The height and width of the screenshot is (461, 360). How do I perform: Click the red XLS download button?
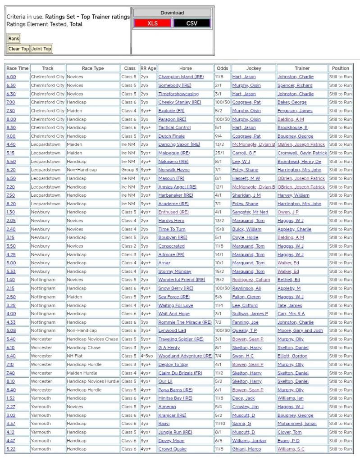point(153,23)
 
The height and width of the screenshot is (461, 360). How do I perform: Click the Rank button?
point(14,39)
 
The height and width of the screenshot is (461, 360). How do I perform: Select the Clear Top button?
point(18,49)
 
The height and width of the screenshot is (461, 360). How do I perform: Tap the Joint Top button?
point(41,49)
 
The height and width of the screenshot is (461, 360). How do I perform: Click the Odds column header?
point(222,68)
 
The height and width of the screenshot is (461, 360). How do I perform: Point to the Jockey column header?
point(254,68)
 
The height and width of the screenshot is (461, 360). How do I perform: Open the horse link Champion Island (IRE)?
point(179,77)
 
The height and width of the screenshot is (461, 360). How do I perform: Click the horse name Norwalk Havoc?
point(174,170)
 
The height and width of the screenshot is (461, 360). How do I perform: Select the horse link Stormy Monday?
point(175,271)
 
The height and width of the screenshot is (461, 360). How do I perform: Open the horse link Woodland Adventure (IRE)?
point(185,356)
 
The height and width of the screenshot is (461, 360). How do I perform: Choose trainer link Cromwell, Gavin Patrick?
point(302,153)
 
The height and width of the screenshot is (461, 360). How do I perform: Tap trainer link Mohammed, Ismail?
point(297,424)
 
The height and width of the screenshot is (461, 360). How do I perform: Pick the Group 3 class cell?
point(130,170)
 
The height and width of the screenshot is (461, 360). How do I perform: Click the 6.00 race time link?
point(11,77)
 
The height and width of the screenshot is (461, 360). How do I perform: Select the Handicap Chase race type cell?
point(85,348)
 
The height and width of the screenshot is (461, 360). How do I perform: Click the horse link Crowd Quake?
point(172,449)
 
